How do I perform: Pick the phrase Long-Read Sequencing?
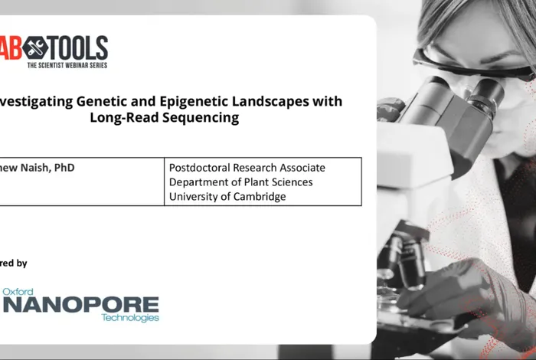[165, 118]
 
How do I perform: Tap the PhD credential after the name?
[64, 167]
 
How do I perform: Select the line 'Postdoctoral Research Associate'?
[247, 168]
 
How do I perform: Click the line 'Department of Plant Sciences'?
[240, 182]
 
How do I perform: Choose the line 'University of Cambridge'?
[227, 197]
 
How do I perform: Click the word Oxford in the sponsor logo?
[19, 292]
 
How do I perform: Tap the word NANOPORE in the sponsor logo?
[81, 304]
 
